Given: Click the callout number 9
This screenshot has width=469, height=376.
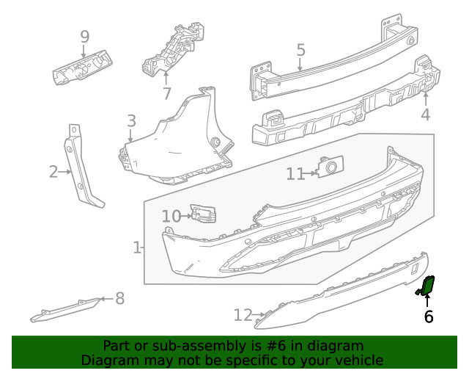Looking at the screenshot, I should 84,36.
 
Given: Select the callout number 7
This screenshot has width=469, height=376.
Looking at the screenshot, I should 166,93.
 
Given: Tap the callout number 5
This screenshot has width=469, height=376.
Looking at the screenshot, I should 300,50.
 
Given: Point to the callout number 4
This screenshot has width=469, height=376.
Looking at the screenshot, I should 426,115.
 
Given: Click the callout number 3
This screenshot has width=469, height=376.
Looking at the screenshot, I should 131,120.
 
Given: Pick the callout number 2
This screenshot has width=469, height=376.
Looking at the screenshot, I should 53,172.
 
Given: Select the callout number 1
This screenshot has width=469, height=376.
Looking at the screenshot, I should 137,248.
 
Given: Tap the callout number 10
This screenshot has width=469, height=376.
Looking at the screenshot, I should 171,216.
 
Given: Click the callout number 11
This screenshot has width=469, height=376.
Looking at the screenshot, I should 295,173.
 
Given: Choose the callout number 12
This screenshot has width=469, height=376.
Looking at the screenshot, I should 243,316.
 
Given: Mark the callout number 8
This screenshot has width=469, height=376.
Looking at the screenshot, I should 119,298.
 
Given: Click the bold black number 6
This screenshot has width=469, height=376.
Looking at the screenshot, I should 429,317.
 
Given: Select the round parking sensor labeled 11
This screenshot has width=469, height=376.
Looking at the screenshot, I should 328,168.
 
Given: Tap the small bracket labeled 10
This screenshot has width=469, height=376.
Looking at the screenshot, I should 203,214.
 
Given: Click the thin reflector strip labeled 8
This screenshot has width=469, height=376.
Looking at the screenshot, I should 66,310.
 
